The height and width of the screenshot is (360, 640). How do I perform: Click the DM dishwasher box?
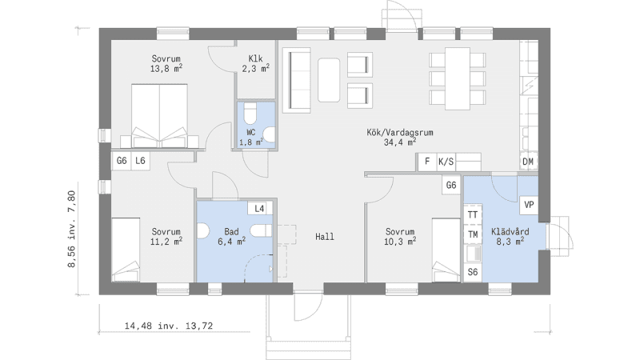528,162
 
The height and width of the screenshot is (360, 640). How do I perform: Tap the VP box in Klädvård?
529,205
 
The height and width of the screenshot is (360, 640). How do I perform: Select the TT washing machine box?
473,214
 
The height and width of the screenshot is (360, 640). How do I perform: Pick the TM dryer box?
473,234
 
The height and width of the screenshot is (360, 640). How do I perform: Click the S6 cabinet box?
473,272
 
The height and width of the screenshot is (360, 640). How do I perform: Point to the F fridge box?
427,162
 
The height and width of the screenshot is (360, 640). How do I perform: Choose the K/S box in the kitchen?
446,162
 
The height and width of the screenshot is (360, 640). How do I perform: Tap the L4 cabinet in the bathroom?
259,209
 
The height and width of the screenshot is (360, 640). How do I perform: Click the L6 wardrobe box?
141,161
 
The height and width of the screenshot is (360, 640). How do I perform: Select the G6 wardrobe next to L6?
122,161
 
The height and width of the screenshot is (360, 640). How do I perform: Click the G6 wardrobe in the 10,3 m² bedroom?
451,186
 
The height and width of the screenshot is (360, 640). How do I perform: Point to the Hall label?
325,236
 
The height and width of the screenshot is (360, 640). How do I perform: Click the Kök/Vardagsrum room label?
399,132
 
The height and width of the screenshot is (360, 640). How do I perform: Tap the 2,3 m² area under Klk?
255,69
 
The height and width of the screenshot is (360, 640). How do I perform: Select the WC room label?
251,132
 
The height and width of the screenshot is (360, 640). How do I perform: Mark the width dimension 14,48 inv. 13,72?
169,326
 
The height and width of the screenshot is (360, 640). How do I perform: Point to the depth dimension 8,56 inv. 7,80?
71,229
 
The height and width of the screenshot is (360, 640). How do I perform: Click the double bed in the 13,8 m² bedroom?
159,115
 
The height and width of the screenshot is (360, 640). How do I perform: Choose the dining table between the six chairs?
457,78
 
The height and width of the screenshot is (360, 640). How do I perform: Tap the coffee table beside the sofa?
329,80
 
